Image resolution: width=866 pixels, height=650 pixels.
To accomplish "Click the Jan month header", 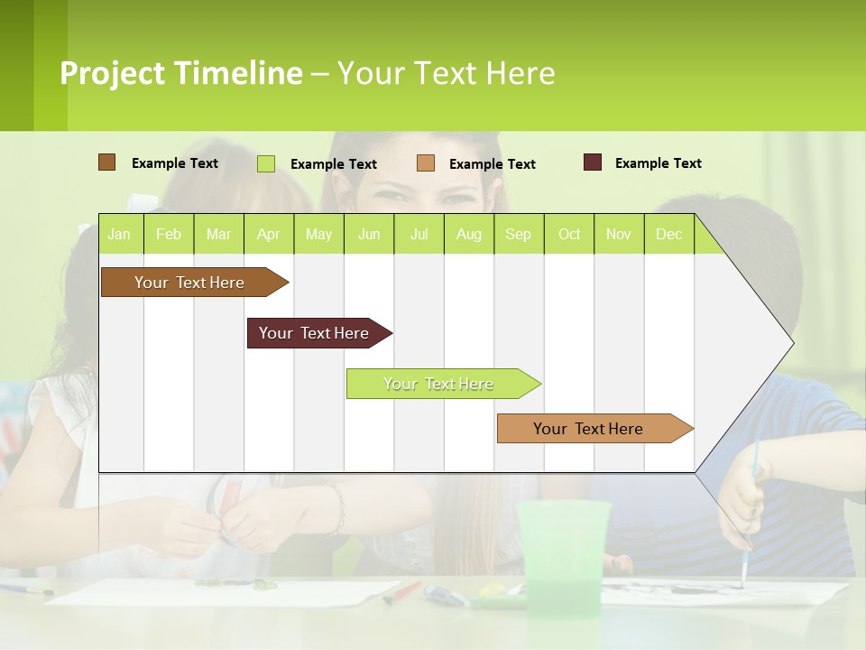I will coord(119,234).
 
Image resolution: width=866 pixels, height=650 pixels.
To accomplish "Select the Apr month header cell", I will coord(268,234).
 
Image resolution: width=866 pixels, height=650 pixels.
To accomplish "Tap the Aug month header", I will coord(468,234).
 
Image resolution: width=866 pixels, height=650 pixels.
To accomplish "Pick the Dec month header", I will coord(668,234).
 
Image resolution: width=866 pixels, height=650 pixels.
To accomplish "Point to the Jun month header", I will coord(368,234).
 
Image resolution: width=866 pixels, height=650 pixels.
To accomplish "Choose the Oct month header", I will coord(568,234).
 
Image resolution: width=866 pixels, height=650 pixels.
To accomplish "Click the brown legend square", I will coord(106,162).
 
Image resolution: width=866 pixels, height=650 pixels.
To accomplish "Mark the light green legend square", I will coord(265,163).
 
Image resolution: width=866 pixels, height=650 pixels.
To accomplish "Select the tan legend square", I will coord(426,163).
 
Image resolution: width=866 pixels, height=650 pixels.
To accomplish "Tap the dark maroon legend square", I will coord(593,162).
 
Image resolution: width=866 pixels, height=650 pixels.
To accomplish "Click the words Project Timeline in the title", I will coord(181,73).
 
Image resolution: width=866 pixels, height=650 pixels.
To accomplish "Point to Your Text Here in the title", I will coord(447,73).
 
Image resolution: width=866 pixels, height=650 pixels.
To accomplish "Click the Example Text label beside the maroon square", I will coord(658,163).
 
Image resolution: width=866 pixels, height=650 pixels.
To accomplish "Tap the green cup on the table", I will coord(563,551).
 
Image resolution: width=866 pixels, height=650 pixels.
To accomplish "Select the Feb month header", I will coord(169,234).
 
